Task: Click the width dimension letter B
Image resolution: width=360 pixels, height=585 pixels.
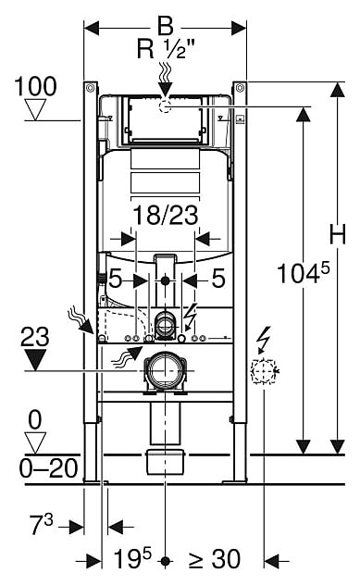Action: click(x=166, y=26)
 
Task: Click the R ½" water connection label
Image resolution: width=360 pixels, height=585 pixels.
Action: click(x=167, y=48)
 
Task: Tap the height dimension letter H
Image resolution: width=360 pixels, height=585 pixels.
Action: click(x=337, y=234)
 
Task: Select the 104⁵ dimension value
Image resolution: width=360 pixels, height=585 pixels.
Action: click(x=304, y=272)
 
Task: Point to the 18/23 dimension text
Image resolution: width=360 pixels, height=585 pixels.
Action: click(x=166, y=216)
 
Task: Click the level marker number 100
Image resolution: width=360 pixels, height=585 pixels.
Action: click(x=35, y=86)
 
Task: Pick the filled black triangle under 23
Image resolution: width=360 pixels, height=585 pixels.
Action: click(x=35, y=360)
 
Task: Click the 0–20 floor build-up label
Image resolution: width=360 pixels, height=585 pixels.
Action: click(x=49, y=468)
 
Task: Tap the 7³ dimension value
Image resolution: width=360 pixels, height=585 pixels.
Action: click(x=42, y=524)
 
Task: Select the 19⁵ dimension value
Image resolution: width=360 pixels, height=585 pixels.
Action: click(x=132, y=558)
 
